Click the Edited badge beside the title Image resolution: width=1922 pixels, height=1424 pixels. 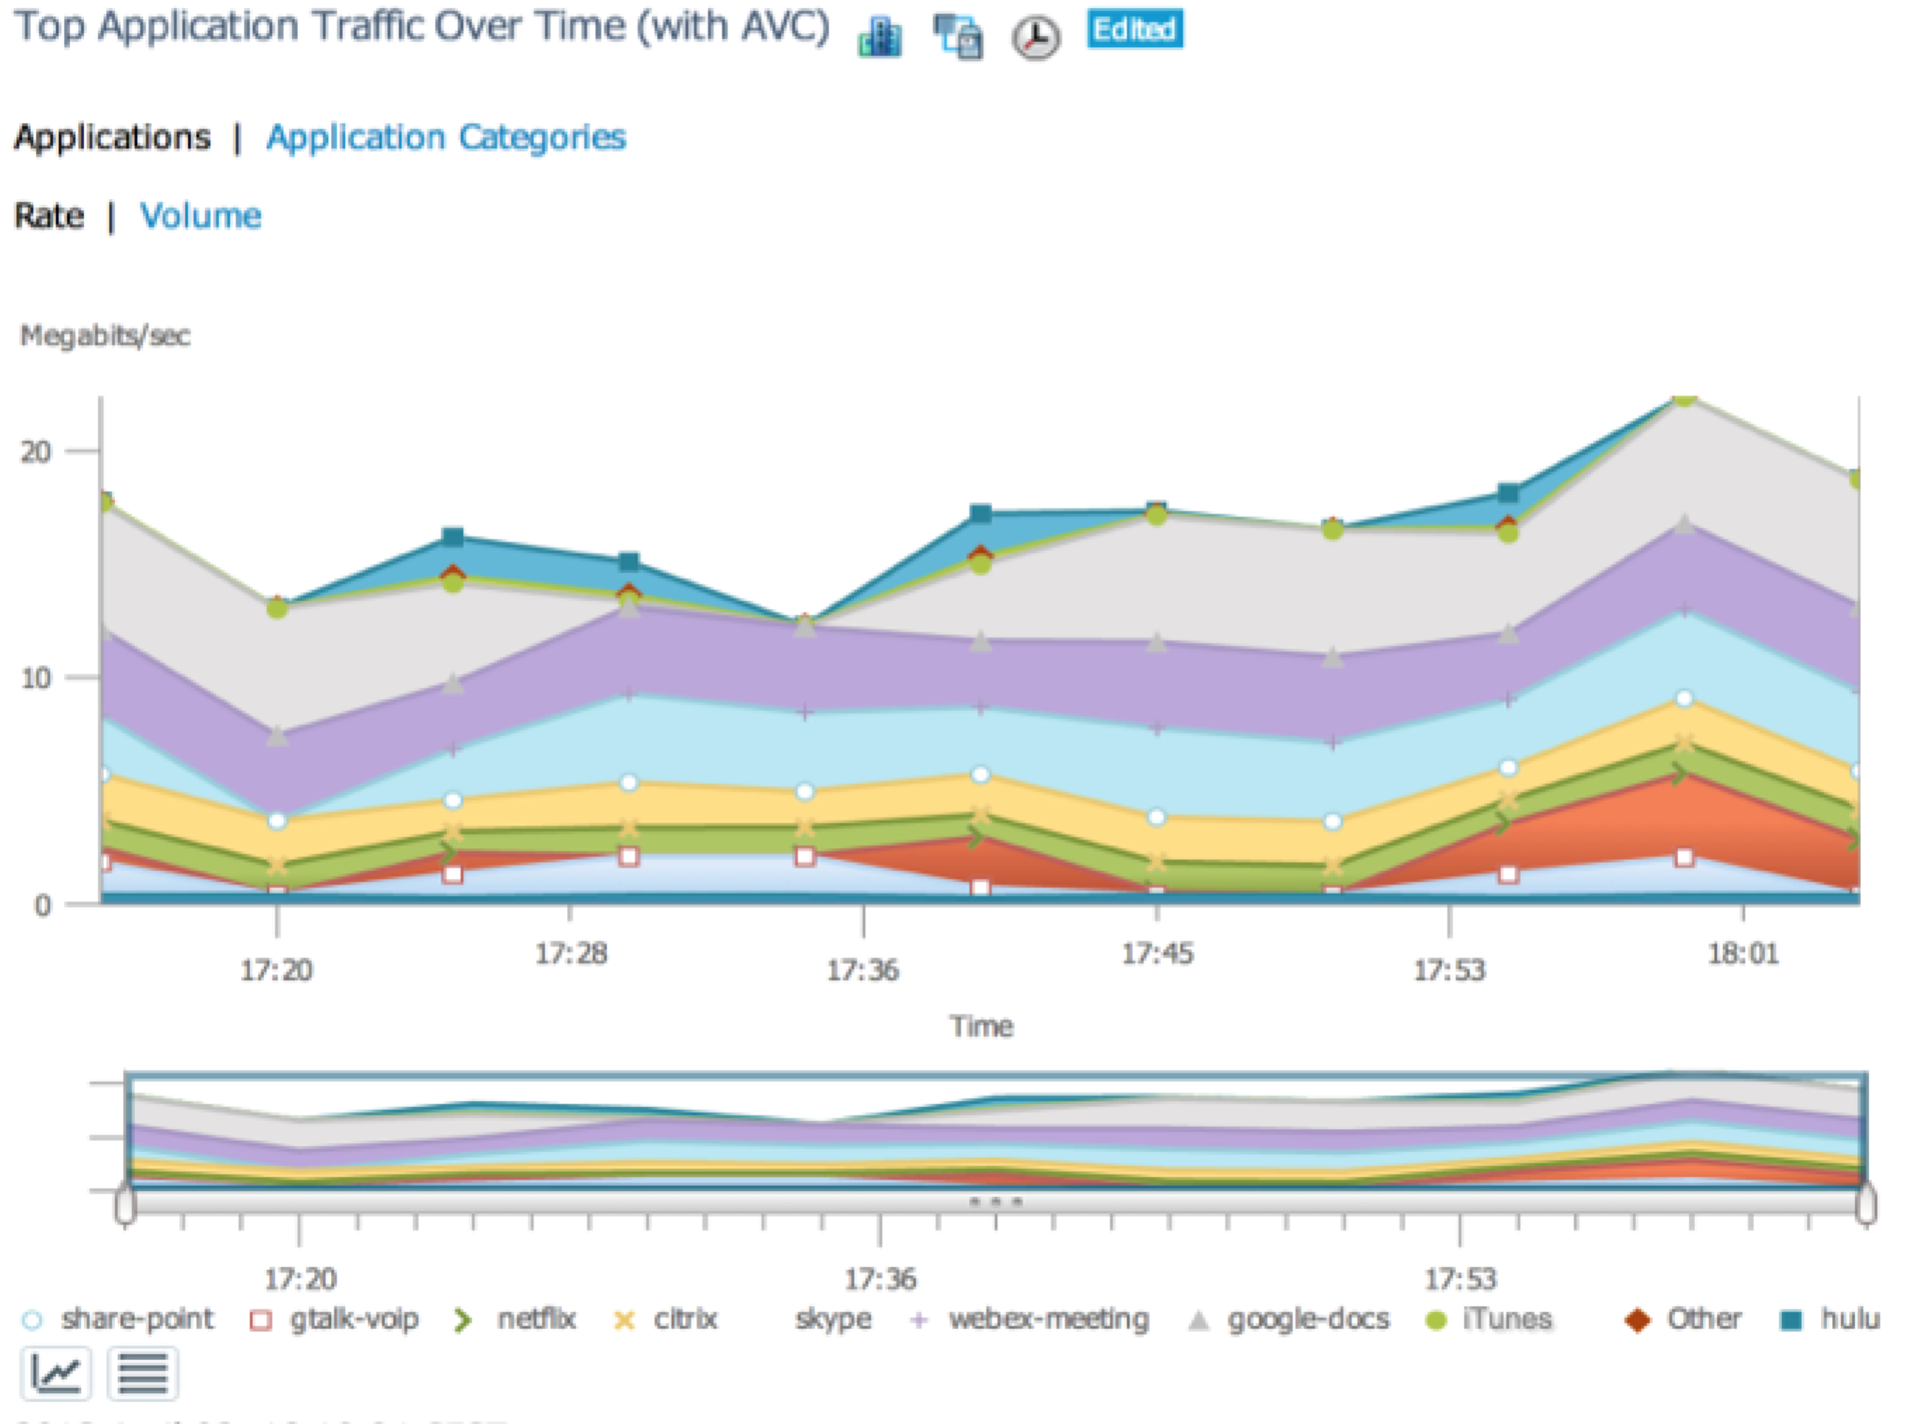(x=1134, y=29)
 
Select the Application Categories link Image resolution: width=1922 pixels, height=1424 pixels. (x=446, y=137)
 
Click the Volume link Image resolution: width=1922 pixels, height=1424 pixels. (x=201, y=216)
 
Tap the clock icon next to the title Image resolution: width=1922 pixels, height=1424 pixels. (x=1035, y=38)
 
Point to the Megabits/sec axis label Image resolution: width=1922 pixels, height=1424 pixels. (x=105, y=336)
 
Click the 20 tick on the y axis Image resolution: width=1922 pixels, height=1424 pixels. (x=37, y=451)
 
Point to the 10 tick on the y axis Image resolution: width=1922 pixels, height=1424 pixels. (x=37, y=678)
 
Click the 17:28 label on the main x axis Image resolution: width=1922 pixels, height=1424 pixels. (x=571, y=954)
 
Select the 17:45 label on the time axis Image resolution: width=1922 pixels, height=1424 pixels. (x=1157, y=954)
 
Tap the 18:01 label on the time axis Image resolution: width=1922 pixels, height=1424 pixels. (x=1743, y=954)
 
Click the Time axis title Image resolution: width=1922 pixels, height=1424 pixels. (x=981, y=1026)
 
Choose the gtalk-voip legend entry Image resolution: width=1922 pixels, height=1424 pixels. (x=334, y=1319)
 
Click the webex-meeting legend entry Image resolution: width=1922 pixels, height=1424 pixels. (x=1031, y=1319)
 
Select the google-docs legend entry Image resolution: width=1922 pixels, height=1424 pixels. (x=1291, y=1319)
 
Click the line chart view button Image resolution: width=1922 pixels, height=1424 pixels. (x=56, y=1373)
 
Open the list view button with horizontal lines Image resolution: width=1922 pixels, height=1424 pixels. (x=143, y=1373)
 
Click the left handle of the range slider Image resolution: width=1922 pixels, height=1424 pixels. (x=126, y=1204)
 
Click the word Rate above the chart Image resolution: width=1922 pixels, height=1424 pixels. (x=49, y=216)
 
